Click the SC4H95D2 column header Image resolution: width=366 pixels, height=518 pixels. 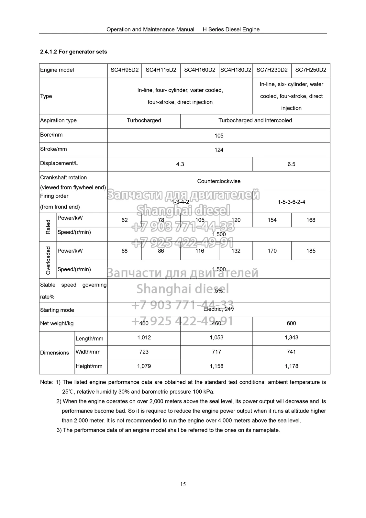tap(125, 70)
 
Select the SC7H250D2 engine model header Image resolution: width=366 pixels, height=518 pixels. tap(311, 70)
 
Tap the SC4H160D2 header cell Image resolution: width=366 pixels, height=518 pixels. tap(200, 70)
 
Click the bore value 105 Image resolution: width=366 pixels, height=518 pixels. tap(219, 136)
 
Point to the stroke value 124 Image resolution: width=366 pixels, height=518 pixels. tap(219, 150)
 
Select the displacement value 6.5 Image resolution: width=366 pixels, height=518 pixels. tap(291, 164)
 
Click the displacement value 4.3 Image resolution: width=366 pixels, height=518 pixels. tap(180, 164)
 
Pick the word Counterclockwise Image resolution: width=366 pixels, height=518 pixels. tap(219, 181)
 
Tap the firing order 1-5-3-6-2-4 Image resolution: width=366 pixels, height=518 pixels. tap(291, 202)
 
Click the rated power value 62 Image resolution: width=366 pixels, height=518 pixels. tap(125, 220)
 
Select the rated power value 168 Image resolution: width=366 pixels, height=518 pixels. tap(311, 220)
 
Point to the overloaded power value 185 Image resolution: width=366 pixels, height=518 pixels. tap(311, 251)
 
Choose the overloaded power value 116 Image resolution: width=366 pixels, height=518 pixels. tap(200, 251)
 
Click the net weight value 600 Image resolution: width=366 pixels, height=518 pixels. tap(291, 323)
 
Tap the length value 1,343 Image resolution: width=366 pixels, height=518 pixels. tap(291, 338)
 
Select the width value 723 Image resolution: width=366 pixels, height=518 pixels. tap(144, 352)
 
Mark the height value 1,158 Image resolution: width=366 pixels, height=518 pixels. tap(216, 366)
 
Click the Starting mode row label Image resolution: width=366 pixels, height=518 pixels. tap(57, 310)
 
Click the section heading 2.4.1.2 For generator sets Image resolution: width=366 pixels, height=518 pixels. tap(73, 52)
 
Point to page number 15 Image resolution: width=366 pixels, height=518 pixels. tap(183, 484)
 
